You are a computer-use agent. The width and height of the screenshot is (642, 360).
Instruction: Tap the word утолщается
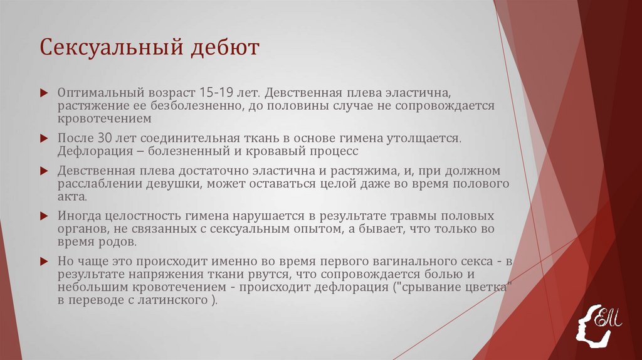pyautogui.click(x=419, y=137)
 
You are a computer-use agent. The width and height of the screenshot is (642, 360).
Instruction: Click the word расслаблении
pyautogui.click(x=94, y=183)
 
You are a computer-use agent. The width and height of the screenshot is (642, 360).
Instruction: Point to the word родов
pyautogui.click(x=113, y=241)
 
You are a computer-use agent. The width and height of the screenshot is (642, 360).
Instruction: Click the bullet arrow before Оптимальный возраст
pyautogui.click(x=44, y=92)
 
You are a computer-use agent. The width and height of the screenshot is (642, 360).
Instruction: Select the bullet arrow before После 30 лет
pyautogui.click(x=44, y=138)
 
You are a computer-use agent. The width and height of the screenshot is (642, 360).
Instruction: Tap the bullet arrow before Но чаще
pyautogui.click(x=44, y=261)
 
